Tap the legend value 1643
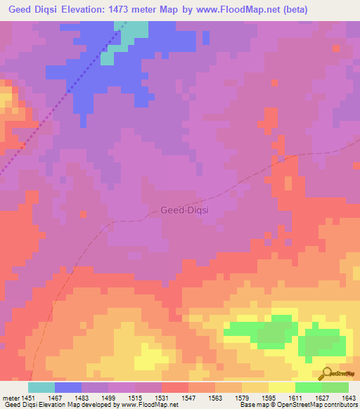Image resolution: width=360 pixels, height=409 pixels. (349, 397)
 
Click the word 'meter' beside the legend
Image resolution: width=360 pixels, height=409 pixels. (10, 397)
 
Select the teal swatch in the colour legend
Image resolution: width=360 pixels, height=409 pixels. (41, 387)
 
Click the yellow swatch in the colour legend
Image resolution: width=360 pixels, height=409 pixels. (281, 387)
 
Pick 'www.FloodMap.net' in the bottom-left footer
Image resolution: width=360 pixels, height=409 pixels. (149, 405)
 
